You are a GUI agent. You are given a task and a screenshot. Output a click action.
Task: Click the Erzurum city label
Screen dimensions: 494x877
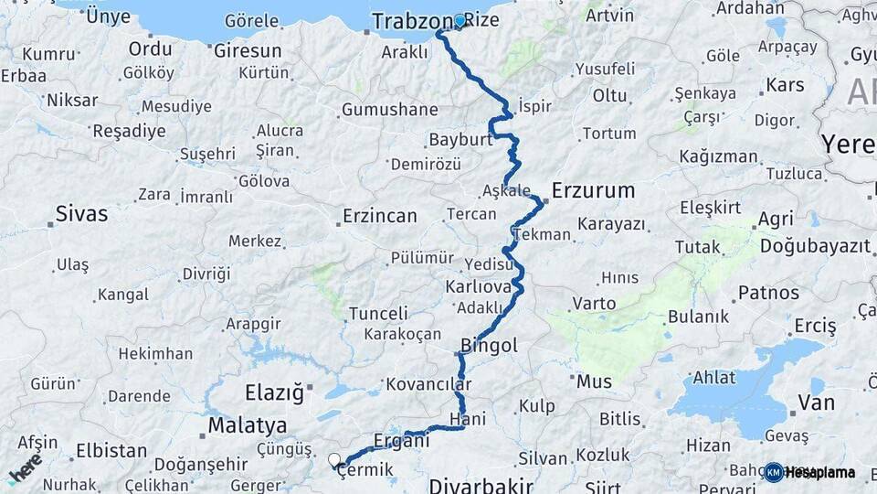click(593, 190)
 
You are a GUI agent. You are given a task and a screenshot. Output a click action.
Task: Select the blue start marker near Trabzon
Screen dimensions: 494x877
click(460, 19)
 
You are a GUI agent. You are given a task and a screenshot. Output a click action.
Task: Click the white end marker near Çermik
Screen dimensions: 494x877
click(334, 460)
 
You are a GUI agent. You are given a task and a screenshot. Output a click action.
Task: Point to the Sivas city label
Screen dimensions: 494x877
click(81, 214)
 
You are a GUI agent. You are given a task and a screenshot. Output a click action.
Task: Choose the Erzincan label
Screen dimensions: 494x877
click(379, 217)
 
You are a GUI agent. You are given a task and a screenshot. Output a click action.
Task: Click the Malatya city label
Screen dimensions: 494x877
click(247, 425)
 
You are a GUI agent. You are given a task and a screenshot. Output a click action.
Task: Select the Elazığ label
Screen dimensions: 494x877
click(273, 393)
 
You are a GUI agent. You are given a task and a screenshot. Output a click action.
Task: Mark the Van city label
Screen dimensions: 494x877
click(816, 402)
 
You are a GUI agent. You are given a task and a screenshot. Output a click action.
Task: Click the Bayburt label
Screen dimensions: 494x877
click(460, 140)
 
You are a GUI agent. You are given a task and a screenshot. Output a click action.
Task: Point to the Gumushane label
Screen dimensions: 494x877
click(390, 110)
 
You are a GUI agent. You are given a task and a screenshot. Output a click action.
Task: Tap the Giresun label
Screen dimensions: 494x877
click(248, 50)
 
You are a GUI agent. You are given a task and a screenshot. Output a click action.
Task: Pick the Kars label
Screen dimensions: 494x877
click(785, 85)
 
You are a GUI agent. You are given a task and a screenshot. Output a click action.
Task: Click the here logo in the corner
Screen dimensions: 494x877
click(25, 468)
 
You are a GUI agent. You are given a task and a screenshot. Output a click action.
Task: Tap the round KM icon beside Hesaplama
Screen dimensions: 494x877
click(774, 472)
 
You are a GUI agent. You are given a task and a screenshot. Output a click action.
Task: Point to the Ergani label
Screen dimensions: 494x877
click(402, 440)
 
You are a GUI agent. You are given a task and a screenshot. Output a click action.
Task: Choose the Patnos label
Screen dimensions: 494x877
click(768, 294)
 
